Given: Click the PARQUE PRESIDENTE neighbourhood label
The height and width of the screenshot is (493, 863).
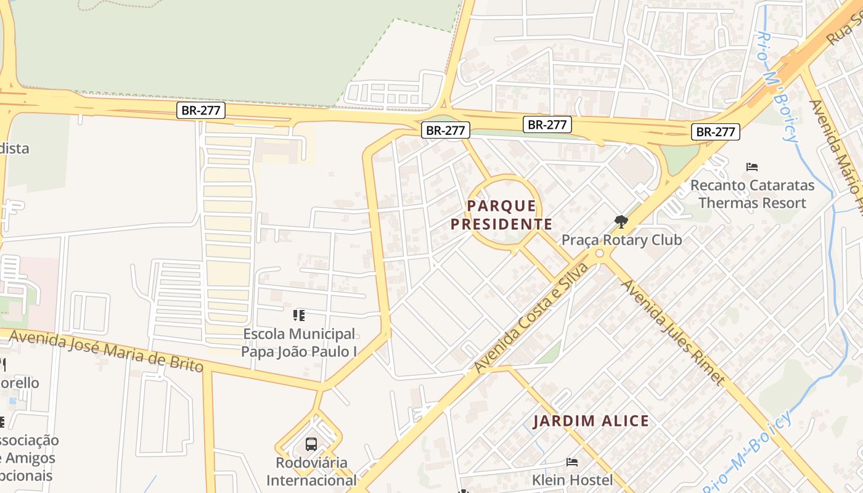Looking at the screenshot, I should click(501, 214).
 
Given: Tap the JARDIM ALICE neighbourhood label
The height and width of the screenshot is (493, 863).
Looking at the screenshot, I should click(591, 422).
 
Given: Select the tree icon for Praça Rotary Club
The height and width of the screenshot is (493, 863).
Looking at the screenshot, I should click(621, 222).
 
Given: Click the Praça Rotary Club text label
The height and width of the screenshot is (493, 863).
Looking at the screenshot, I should click(621, 240).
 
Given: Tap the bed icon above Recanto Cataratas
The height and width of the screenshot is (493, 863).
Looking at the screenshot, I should click(751, 166).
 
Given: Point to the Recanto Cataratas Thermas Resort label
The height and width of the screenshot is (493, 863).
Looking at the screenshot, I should click(752, 194).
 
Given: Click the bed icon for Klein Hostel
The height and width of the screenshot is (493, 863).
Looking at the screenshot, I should click(572, 462).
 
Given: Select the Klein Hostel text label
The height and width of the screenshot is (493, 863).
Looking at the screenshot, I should click(573, 479).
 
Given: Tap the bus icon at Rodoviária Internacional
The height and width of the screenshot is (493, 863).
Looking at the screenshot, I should click(311, 444).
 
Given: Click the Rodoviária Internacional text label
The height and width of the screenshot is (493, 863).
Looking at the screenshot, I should click(311, 471).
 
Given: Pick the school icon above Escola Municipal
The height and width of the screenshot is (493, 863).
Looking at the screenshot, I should click(299, 316).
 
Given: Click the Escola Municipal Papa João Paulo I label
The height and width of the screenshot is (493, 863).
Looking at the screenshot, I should click(299, 343).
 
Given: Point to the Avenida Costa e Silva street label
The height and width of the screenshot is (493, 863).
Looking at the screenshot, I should click(531, 318).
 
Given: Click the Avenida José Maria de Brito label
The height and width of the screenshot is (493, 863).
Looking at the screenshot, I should click(106, 351).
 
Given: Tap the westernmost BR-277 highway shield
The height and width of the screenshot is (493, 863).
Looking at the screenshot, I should click(201, 111).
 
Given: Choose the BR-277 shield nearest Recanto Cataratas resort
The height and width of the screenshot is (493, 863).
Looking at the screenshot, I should click(715, 131).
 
